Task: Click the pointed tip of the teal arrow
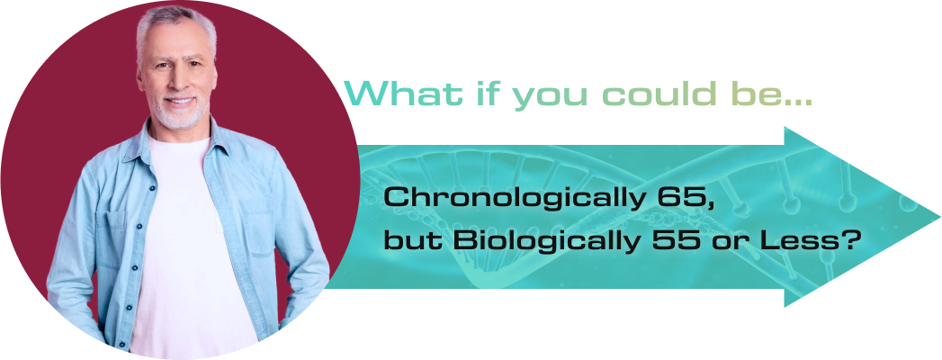point(939,216)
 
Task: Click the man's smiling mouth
point(179,101)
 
